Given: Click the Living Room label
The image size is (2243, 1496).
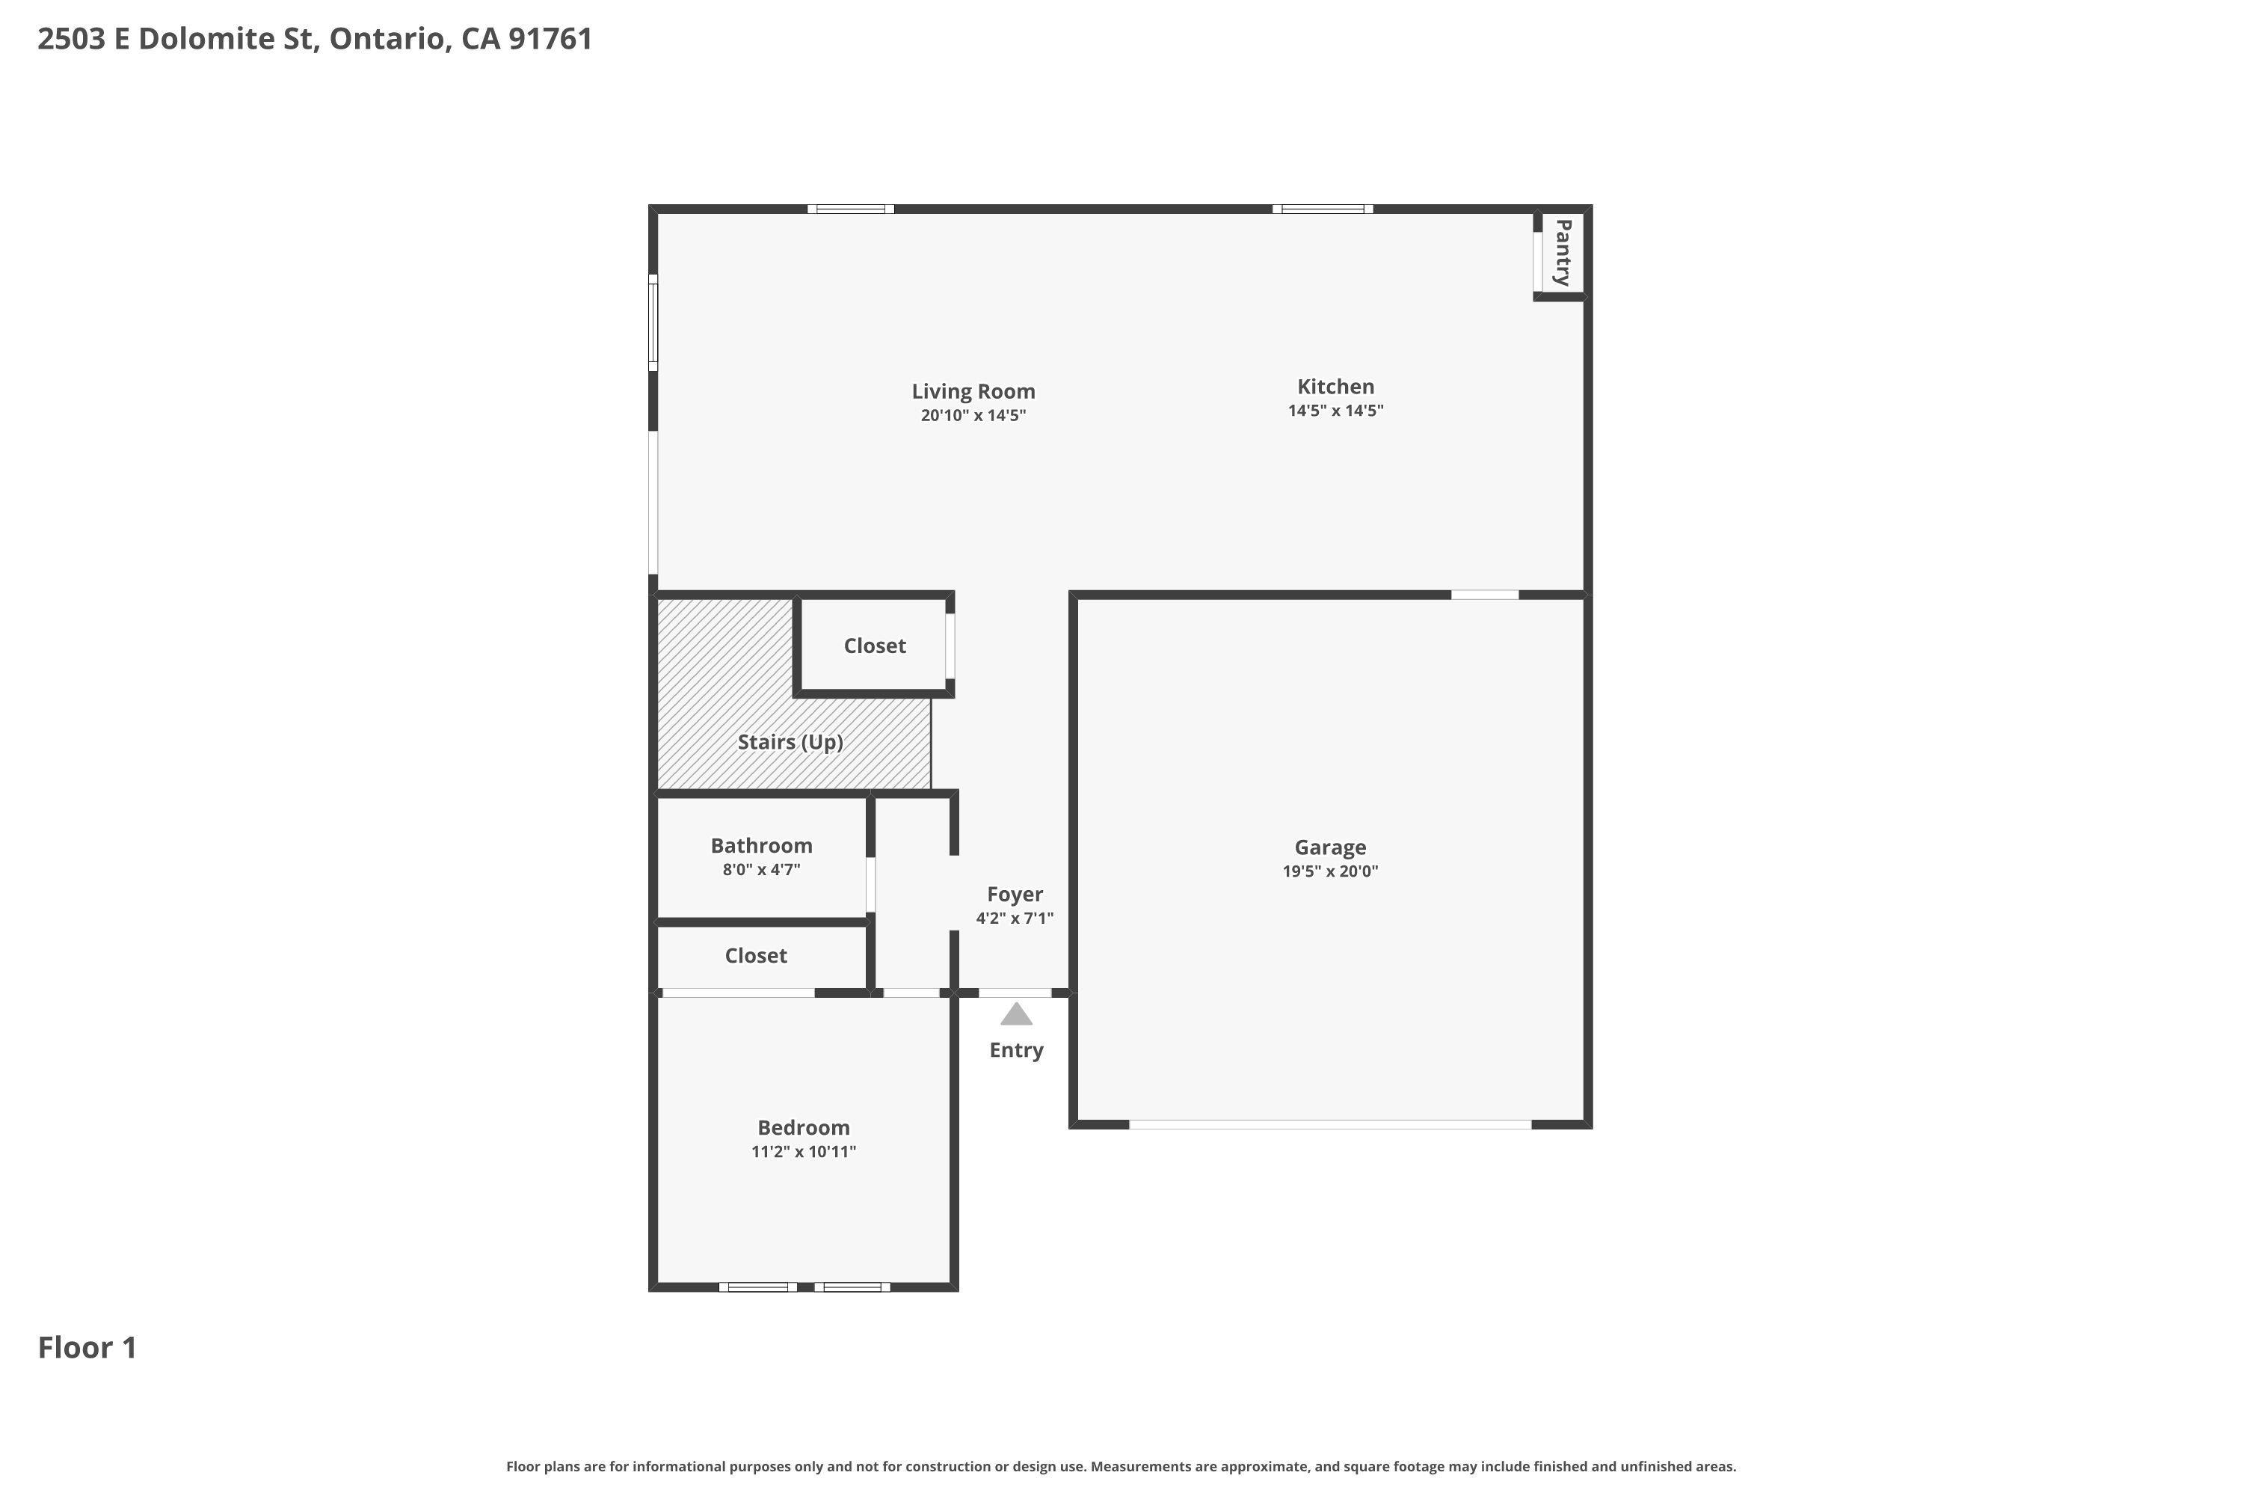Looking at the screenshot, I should point(973,391).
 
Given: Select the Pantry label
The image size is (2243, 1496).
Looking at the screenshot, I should point(1562,253).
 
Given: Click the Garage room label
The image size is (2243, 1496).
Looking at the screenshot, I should point(1329,847).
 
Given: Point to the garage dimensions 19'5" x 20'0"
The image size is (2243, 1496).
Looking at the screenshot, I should point(1329,871).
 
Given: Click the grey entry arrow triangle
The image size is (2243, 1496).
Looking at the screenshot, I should point(1015,1015).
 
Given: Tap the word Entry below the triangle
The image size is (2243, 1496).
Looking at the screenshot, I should point(1015,1050).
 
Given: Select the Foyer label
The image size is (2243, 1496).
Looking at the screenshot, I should point(1014,894).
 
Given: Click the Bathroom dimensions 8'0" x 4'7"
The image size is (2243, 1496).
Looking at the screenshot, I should point(760,869).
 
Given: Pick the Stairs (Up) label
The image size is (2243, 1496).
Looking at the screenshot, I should point(790,742).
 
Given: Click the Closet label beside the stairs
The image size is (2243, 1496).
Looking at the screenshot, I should point(873,646).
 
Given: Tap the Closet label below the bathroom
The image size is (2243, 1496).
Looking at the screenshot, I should point(755,956).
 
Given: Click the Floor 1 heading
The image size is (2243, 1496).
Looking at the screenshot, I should point(87,1348).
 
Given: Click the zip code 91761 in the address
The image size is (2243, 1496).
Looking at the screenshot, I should point(550,39).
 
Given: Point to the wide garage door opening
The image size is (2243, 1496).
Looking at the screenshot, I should point(1329,1125).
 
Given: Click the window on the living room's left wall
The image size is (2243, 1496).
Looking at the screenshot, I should point(653,323).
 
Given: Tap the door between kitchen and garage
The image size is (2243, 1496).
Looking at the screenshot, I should point(1484,595).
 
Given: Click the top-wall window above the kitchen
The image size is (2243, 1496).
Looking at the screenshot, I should point(1322,209).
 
